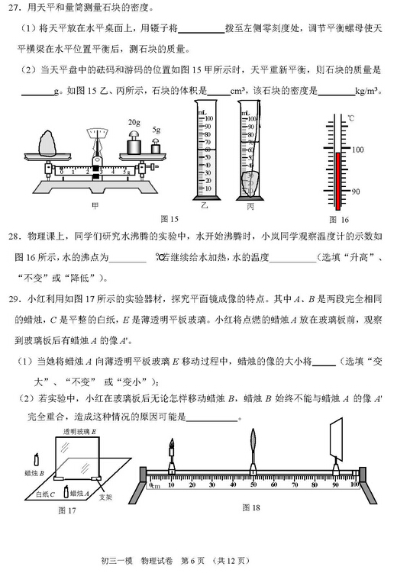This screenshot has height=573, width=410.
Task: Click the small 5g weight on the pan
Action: click(x=157, y=146)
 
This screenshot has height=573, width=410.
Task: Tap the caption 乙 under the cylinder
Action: click(x=204, y=206)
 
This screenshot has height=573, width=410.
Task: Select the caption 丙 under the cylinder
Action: click(x=250, y=206)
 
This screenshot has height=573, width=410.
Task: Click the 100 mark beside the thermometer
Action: click(x=357, y=150)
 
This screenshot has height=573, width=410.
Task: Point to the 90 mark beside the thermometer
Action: click(x=355, y=191)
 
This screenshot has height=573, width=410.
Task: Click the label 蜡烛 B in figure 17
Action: click(x=34, y=474)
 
